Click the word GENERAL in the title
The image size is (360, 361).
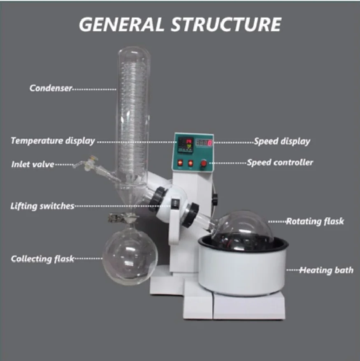(x=121, y=25)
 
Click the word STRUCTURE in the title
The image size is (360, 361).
(x=226, y=25)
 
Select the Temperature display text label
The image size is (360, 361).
(x=53, y=141)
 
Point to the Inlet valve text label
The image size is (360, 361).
(x=33, y=165)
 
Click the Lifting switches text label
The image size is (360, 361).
(x=42, y=206)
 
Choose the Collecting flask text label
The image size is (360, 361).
(x=42, y=259)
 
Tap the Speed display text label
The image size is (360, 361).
(x=282, y=141)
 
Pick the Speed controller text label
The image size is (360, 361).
(x=280, y=163)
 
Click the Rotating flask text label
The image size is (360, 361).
(x=315, y=221)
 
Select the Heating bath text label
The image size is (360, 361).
(x=326, y=270)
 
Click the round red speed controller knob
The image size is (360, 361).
(x=204, y=164)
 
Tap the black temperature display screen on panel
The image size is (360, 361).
(x=185, y=145)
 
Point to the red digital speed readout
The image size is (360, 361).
(x=204, y=144)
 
